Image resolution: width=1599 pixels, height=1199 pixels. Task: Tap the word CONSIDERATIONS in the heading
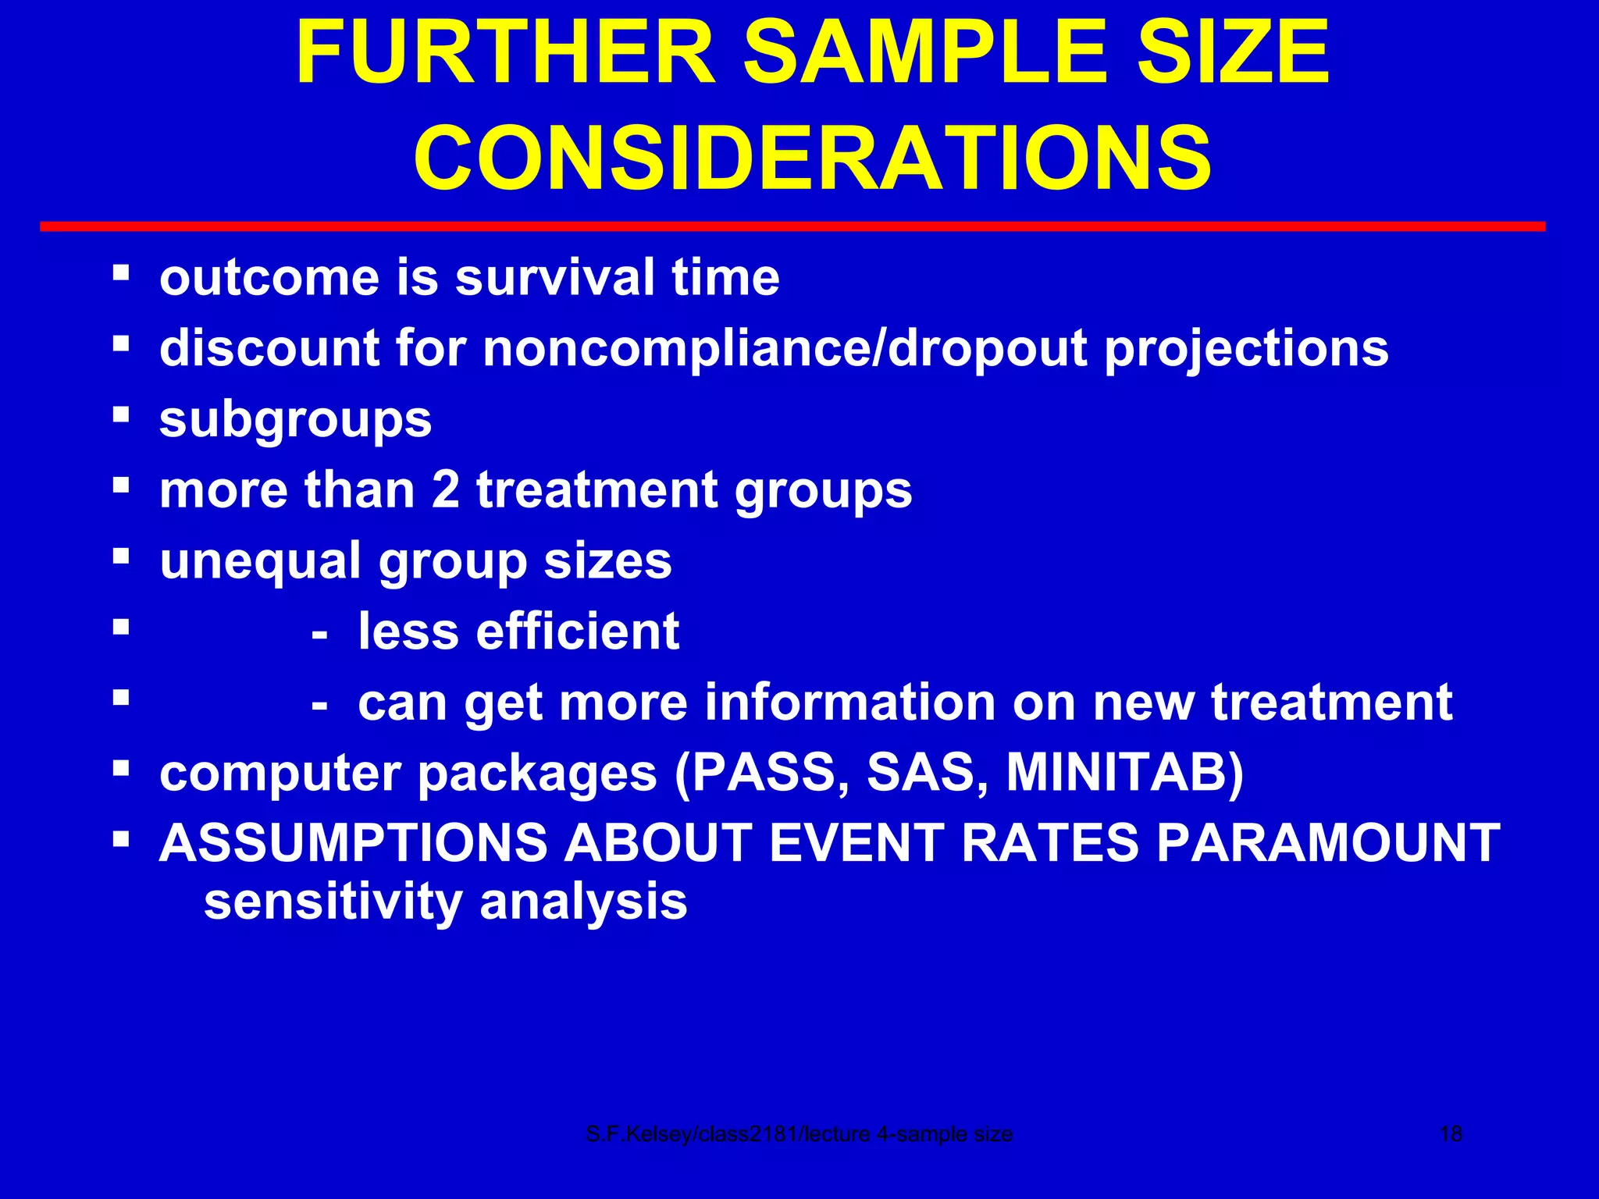[x=812, y=158]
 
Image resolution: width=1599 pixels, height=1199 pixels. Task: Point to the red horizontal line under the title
[x=792, y=226]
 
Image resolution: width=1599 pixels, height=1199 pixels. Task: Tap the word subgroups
[x=295, y=420]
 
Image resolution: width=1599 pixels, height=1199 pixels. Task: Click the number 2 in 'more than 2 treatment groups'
[x=445, y=490]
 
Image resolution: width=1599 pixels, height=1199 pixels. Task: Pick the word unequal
[x=260, y=561]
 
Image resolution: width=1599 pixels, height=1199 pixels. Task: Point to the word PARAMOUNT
[x=1327, y=843]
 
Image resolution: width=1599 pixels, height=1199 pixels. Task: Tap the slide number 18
[x=1450, y=1134]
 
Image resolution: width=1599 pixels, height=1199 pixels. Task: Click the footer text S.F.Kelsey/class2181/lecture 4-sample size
[x=799, y=1134]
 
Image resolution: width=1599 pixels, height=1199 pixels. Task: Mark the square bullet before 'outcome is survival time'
[x=120, y=272]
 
